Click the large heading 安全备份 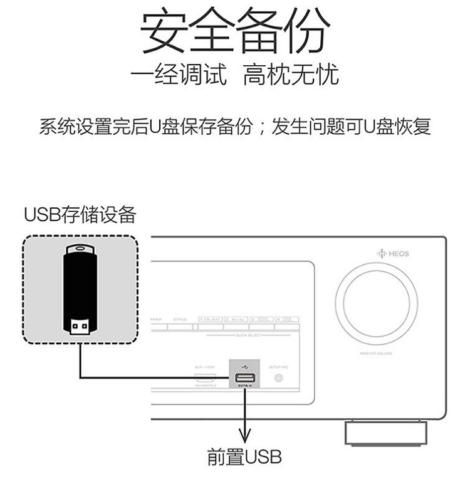(x=234, y=31)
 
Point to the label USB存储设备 (x=80, y=215)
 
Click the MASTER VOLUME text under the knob (x=376, y=354)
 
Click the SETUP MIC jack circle (x=278, y=378)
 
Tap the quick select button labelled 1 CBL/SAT (x=210, y=320)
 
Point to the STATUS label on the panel (x=180, y=320)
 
